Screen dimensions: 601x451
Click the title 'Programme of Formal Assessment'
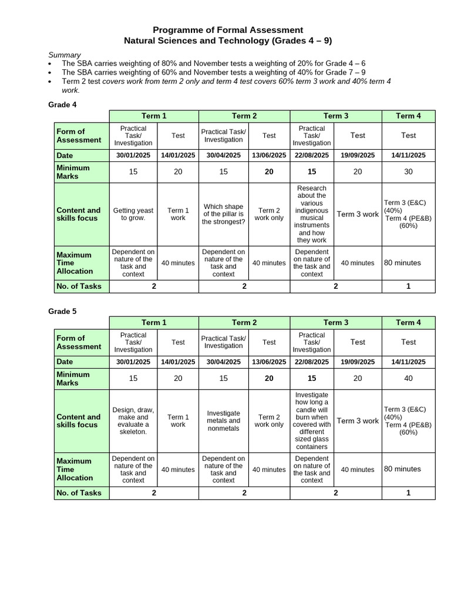228,30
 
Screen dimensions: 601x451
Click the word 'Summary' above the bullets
65,55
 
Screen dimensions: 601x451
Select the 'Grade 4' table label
62,104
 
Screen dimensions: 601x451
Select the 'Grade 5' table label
62,311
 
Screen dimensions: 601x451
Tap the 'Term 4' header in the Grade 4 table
408,116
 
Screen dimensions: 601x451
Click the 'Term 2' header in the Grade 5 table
244,323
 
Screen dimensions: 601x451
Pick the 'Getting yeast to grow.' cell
133,214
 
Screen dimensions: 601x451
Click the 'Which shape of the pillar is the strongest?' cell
223,214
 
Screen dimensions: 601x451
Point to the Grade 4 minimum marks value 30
408,172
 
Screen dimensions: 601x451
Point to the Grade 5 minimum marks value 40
408,379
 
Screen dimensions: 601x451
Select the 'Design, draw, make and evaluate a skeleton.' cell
133,421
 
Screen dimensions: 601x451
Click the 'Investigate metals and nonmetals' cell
223,421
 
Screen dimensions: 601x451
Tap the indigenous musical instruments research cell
312,214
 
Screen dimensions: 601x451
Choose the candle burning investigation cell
312,421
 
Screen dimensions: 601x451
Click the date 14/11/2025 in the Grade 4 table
408,156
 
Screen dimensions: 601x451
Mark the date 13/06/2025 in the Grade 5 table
269,362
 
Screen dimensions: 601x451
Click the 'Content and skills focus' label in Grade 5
79,421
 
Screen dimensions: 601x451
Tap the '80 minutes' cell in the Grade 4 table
402,263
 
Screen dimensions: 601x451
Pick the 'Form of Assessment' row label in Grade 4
71,136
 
